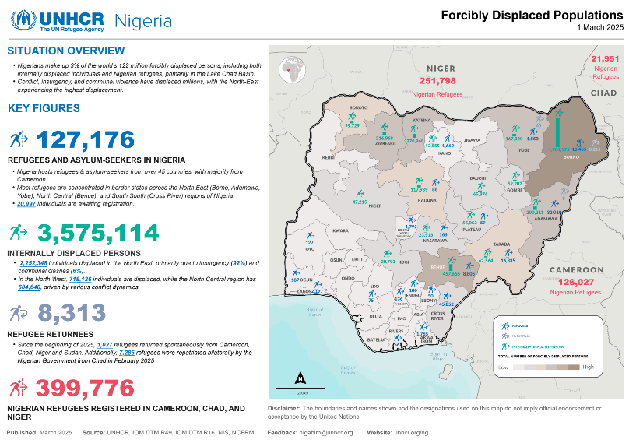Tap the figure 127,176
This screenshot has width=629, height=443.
click(x=86, y=140)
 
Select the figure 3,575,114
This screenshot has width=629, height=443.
click(x=98, y=233)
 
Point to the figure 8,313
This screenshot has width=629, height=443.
click(x=71, y=313)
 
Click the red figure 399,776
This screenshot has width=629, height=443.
click(x=85, y=387)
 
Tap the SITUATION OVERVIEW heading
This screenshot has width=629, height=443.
click(x=65, y=51)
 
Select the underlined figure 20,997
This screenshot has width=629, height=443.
click(x=26, y=203)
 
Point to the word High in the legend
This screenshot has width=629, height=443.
click(x=588, y=367)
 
